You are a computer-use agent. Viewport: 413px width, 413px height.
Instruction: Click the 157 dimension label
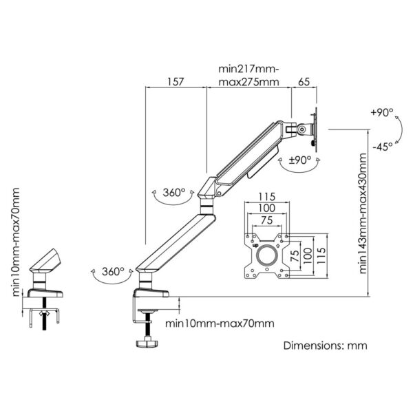tap(175, 81)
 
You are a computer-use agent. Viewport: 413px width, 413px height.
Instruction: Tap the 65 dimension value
tap(304, 81)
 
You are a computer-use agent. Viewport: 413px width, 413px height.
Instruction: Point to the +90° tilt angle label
tap(381, 112)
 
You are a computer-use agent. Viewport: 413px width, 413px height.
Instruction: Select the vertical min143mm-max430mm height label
tap(363, 213)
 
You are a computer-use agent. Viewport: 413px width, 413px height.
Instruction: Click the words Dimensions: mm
tap(326, 346)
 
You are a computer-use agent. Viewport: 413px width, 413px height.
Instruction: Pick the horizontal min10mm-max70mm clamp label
tap(219, 323)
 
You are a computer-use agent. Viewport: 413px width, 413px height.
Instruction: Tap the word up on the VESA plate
tap(256, 242)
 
